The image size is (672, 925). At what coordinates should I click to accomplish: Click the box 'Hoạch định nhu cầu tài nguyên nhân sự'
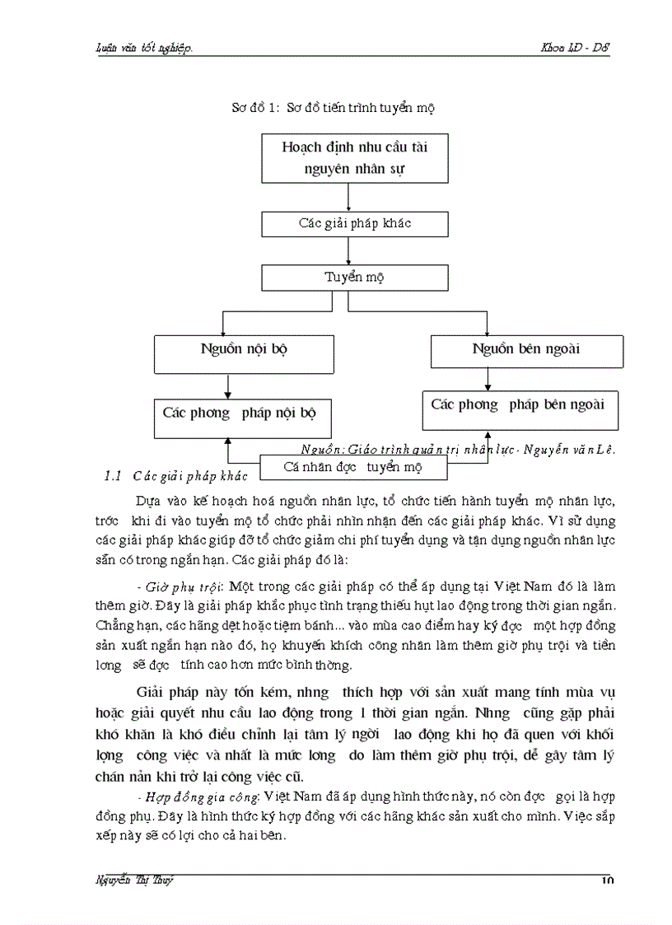(355, 158)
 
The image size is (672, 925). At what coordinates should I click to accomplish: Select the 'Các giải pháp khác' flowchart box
(355, 224)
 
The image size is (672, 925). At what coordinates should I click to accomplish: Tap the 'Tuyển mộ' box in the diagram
(355, 277)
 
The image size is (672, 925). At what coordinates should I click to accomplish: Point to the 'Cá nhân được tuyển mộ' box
(353, 467)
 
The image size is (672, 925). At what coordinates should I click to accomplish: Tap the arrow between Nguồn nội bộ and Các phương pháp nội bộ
(227, 386)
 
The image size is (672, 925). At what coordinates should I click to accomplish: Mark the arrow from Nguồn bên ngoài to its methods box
(488, 379)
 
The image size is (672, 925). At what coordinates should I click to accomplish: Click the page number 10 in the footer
(608, 881)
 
